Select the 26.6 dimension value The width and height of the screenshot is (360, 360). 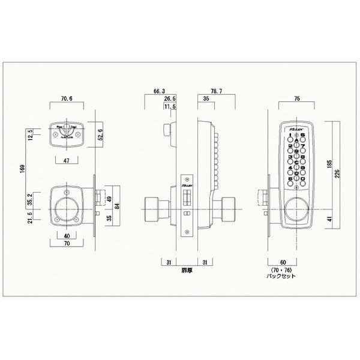[x=170, y=100]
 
